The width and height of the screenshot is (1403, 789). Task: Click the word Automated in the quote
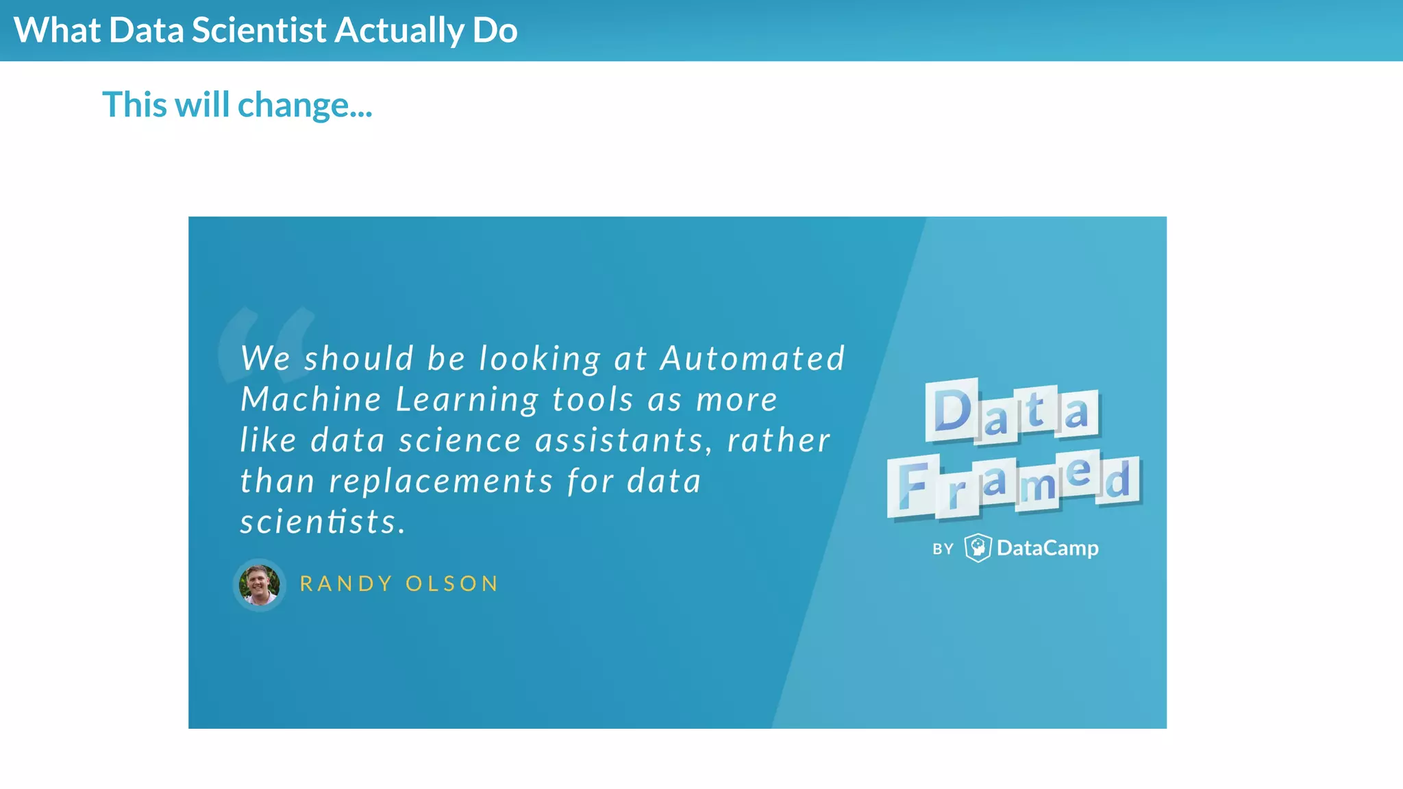click(752, 358)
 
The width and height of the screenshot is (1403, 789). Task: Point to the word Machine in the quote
click(310, 399)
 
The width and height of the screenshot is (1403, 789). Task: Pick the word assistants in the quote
click(619, 440)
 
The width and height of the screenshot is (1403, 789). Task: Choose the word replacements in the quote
click(440, 481)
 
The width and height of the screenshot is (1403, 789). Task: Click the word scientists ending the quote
click(322, 521)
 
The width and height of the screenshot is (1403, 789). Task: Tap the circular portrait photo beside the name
click(259, 584)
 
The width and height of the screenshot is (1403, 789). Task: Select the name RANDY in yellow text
click(346, 584)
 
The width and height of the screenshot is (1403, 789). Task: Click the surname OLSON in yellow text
click(451, 584)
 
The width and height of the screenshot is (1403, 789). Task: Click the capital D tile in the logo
click(952, 410)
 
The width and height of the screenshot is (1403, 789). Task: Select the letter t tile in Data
click(1036, 410)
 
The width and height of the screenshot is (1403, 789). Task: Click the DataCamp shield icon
click(978, 548)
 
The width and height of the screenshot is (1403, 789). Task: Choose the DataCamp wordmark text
click(1047, 548)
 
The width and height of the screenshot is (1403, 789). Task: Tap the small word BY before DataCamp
click(943, 549)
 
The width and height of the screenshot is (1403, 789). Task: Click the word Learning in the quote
click(467, 399)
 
